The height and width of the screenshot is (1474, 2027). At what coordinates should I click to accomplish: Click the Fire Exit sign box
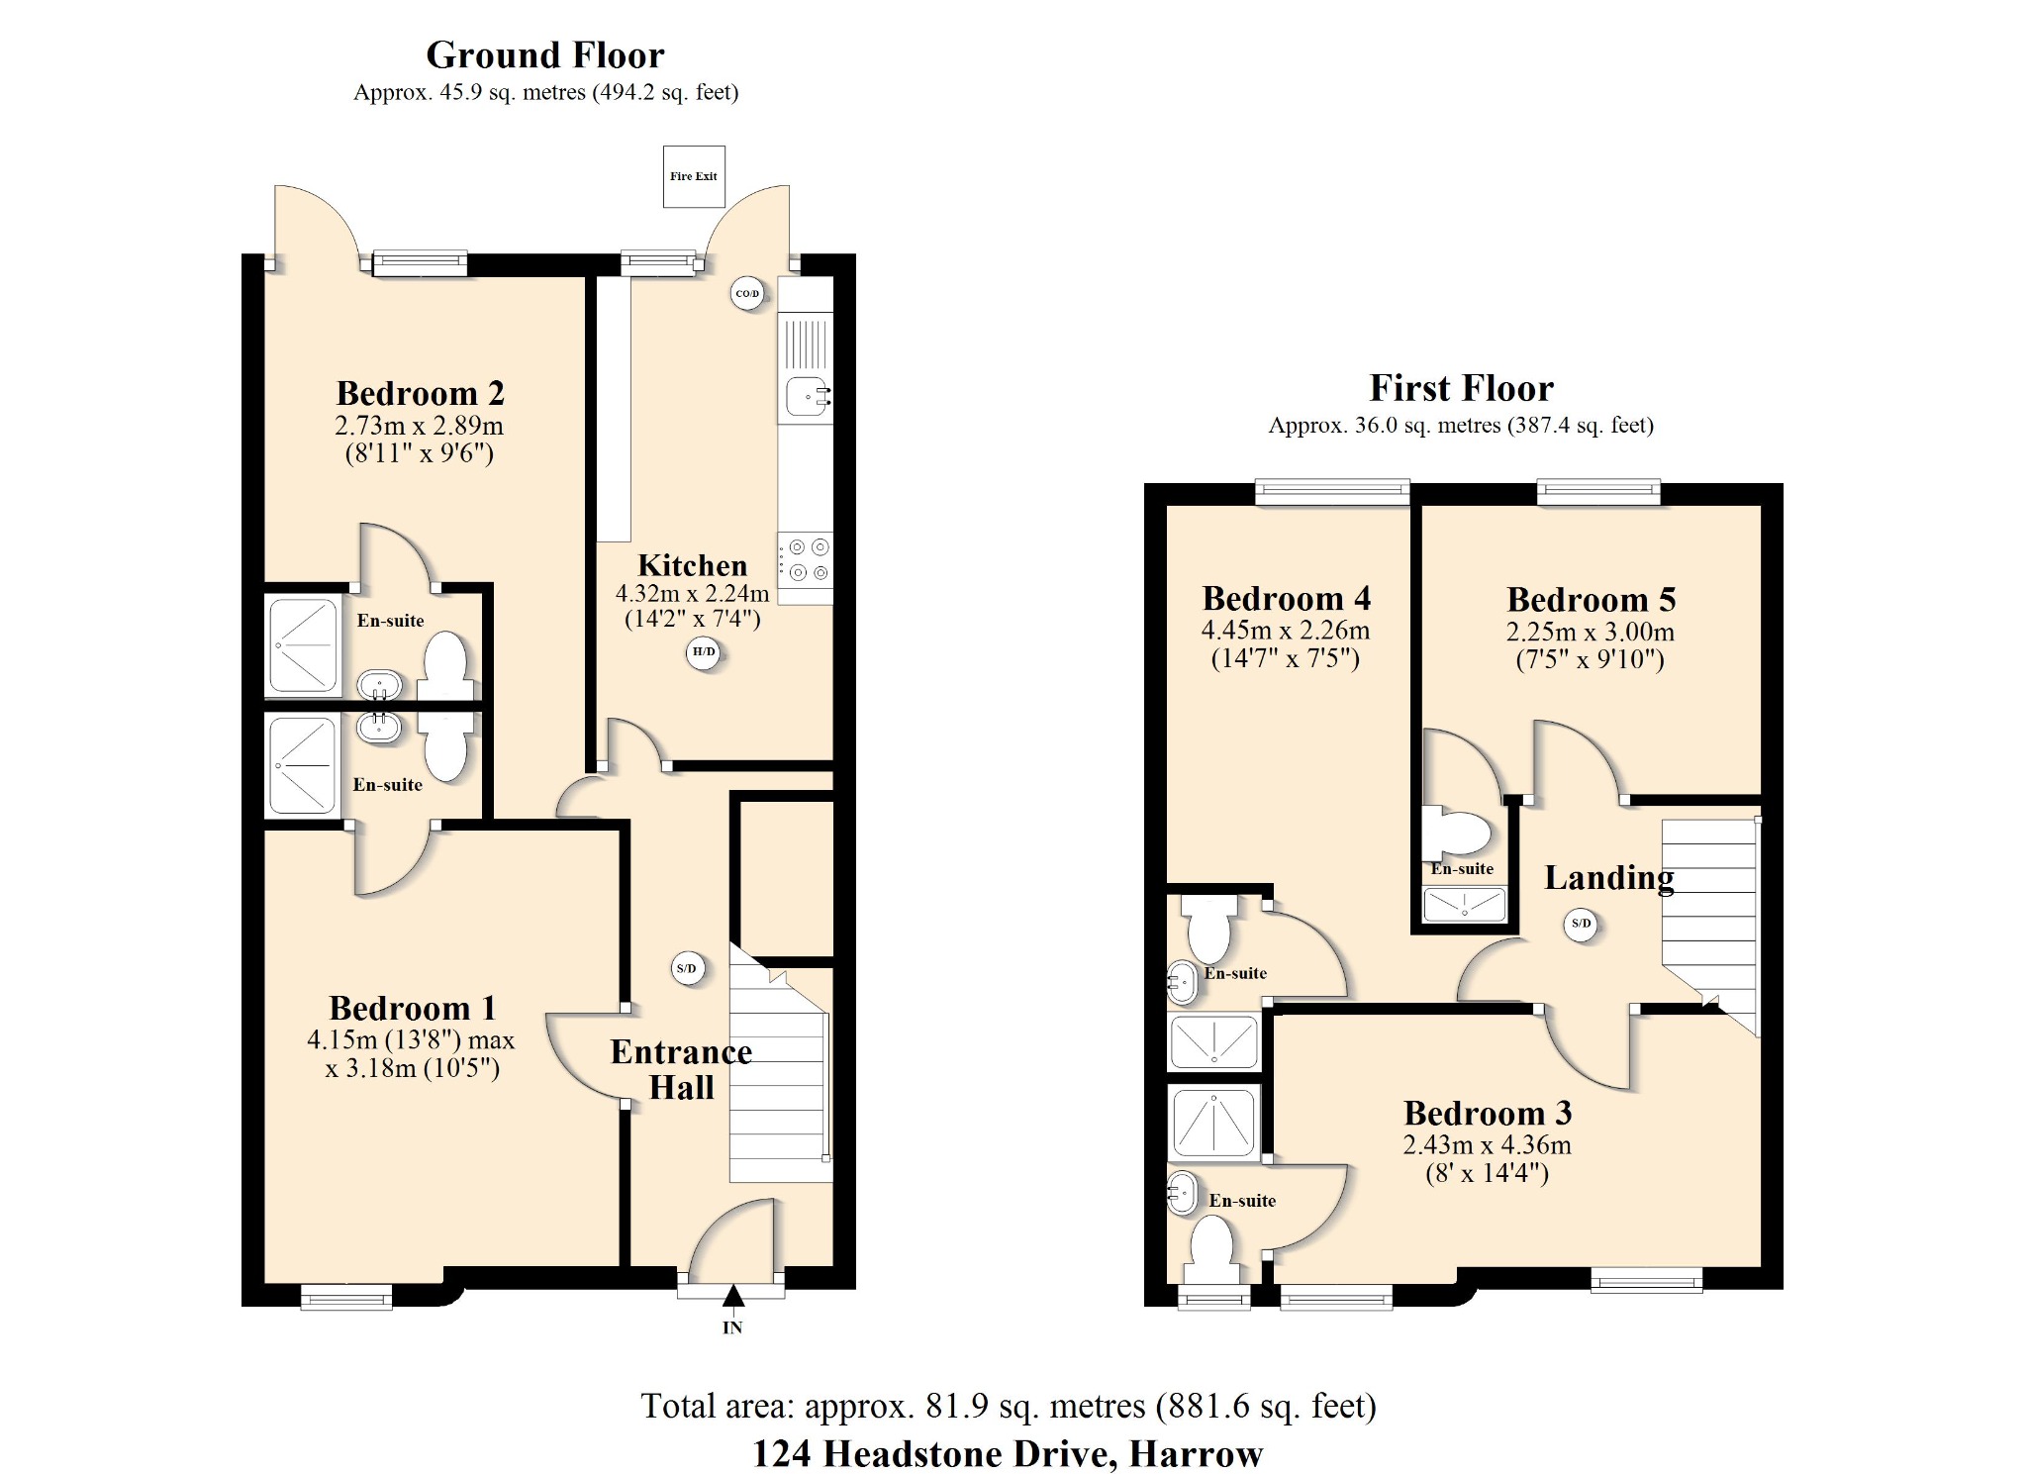click(693, 176)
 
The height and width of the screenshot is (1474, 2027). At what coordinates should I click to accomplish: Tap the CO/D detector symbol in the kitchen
click(747, 293)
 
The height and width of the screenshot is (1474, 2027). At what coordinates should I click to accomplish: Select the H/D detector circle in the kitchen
click(704, 652)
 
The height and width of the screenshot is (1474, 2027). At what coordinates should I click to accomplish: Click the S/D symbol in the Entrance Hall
click(687, 968)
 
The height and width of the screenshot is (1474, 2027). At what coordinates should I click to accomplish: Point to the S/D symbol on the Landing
click(1582, 924)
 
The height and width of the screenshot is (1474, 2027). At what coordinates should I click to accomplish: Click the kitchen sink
click(807, 397)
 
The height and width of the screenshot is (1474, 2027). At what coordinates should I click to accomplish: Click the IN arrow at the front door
click(732, 1297)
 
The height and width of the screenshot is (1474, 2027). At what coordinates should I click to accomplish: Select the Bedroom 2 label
click(421, 393)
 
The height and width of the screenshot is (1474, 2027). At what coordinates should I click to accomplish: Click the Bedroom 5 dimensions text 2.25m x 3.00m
click(1590, 632)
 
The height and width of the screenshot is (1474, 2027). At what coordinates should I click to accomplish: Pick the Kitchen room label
click(692, 565)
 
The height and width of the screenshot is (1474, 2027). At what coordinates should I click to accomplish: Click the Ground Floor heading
click(545, 54)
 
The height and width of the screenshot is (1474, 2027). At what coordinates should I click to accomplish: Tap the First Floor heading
click(1461, 387)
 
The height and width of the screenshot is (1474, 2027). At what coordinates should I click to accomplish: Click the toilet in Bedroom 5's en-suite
click(1457, 834)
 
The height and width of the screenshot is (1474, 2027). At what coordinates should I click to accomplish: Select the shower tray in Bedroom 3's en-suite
click(1213, 1123)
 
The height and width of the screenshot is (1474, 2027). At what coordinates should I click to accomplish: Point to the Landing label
click(1609, 877)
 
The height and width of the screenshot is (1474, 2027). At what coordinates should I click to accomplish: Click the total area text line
click(1008, 1406)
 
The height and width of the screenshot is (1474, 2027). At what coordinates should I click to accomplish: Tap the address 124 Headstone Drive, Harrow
click(1008, 1453)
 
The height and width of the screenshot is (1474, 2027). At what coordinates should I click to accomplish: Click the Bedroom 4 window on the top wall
click(1332, 491)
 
